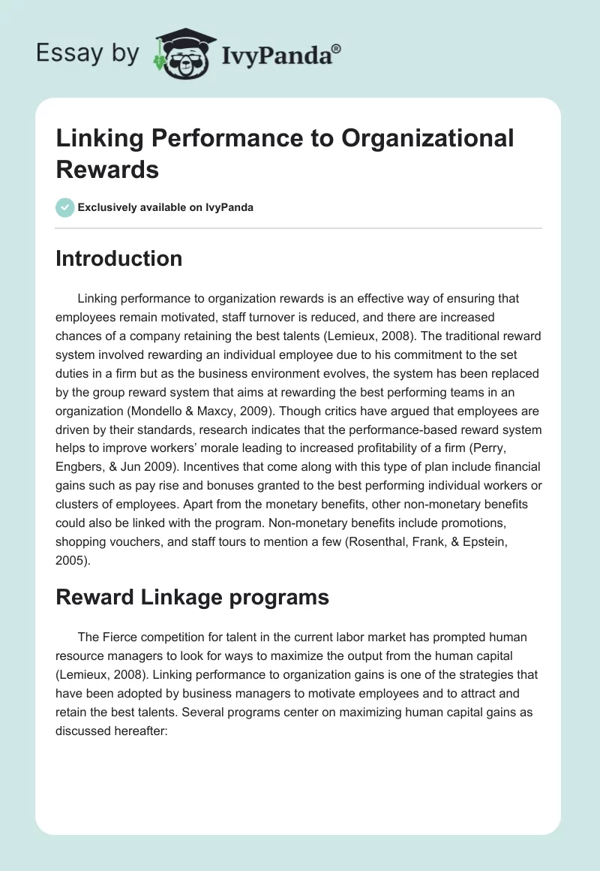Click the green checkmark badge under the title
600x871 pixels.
(65, 207)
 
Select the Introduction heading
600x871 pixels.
(118, 258)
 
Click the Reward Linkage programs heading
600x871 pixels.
(192, 597)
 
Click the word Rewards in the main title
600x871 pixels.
(107, 169)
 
